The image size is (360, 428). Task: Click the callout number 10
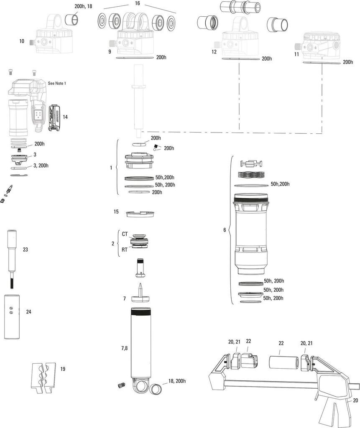point(22,41)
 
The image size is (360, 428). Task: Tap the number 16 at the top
point(138,3)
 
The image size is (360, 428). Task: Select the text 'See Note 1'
point(57,84)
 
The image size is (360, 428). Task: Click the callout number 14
point(65,117)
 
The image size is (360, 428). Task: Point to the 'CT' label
point(125,234)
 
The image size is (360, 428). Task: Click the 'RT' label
point(125,250)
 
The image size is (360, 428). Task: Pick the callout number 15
point(116,212)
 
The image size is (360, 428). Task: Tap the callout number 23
point(26,250)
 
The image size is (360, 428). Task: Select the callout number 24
point(28,312)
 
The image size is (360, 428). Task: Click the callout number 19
point(63,369)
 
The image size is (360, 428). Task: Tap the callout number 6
point(225,230)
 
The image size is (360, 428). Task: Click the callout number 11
point(296,54)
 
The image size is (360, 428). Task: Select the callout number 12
point(214,52)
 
